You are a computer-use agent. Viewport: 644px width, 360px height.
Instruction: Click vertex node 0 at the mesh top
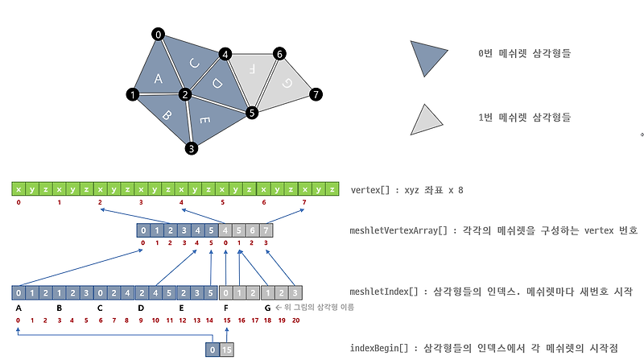click(x=159, y=34)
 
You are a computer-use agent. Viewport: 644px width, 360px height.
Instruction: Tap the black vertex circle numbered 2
click(x=185, y=95)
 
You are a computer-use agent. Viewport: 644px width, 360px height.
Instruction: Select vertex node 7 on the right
click(x=316, y=94)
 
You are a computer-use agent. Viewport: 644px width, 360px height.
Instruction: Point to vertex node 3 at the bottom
click(x=192, y=148)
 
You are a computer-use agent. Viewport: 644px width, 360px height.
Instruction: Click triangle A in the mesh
click(x=159, y=78)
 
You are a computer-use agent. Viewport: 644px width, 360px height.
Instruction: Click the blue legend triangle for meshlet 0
click(x=426, y=56)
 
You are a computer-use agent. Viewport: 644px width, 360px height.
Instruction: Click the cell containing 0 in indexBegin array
click(x=212, y=350)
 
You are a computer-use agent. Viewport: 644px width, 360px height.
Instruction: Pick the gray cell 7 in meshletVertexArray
click(x=266, y=230)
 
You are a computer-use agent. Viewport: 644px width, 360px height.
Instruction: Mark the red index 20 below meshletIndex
click(x=298, y=321)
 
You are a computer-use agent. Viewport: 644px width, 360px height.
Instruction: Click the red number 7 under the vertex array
click(x=303, y=201)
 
